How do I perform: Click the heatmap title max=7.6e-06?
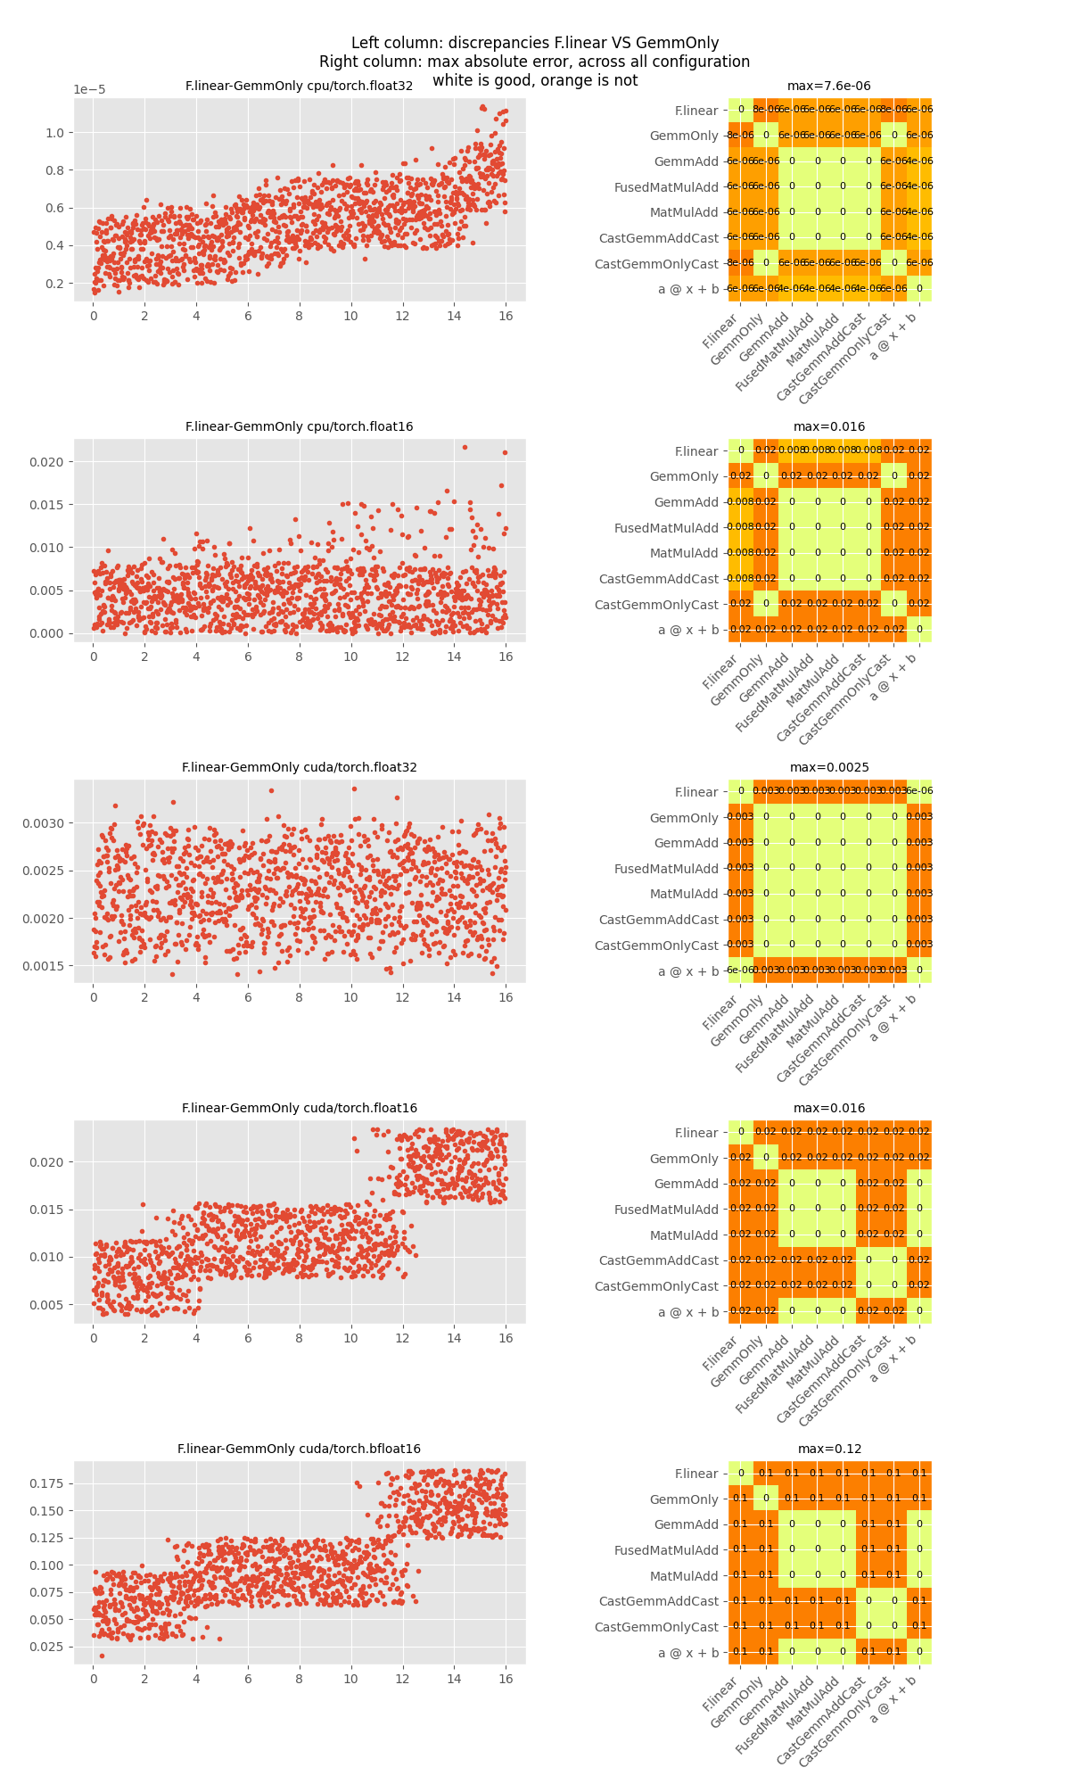[x=828, y=87]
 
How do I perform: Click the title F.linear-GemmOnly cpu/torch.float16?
[x=299, y=427]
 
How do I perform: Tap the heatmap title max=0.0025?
[x=828, y=768]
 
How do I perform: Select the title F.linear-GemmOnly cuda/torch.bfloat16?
[x=299, y=1449]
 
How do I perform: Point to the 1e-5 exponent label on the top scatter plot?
[x=90, y=90]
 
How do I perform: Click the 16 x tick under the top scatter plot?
[x=506, y=316]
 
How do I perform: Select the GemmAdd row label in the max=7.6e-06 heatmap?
[x=686, y=161]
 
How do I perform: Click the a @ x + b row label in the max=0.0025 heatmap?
[x=687, y=971]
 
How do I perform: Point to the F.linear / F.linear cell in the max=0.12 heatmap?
[x=741, y=1474]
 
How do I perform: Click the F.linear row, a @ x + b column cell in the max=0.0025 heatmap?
[x=919, y=791]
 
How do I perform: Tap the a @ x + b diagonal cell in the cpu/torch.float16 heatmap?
[x=919, y=629]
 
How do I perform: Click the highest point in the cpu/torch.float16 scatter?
[x=465, y=447]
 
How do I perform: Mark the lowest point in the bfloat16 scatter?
[x=102, y=1656]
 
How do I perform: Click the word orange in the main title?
[x=564, y=80]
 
